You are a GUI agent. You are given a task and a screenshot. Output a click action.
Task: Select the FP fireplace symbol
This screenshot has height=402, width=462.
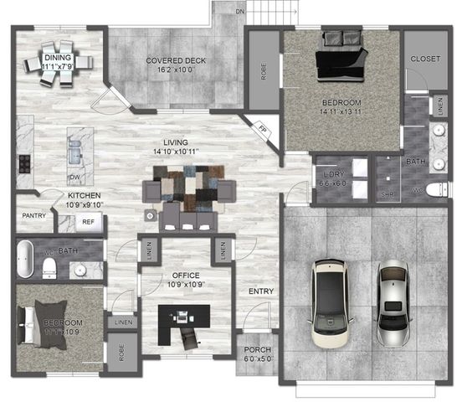point(261,130)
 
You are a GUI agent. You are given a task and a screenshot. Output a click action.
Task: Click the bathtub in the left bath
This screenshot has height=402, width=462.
point(24,259)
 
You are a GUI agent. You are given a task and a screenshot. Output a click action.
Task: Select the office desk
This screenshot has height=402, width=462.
point(186,318)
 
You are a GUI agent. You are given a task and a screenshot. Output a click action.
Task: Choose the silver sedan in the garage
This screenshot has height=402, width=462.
point(392,303)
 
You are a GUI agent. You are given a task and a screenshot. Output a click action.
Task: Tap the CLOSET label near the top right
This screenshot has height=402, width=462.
point(425,59)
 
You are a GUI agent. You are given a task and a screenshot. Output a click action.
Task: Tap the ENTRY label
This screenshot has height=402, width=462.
point(261,291)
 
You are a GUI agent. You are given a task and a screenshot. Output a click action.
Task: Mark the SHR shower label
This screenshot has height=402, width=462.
point(387,194)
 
